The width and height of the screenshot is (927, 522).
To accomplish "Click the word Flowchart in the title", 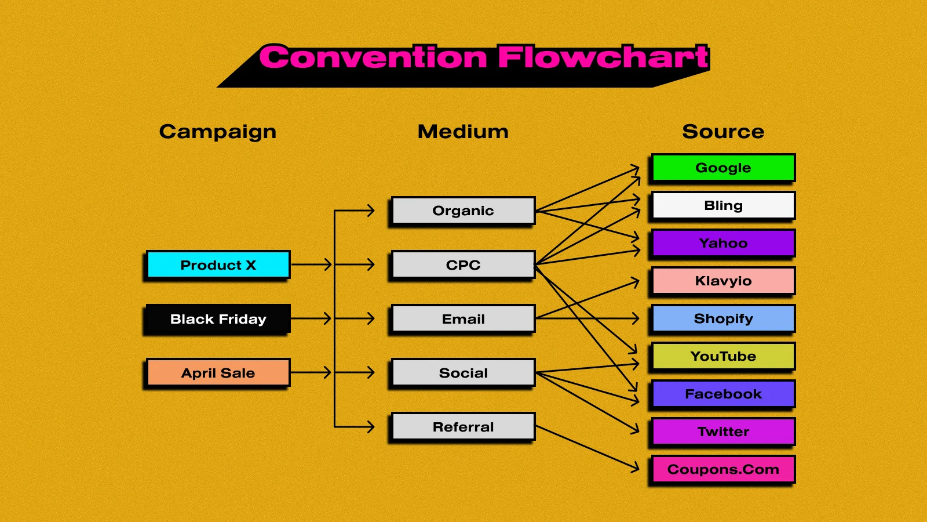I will pyautogui.click(x=603, y=57).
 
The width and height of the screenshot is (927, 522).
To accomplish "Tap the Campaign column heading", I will pyautogui.click(x=218, y=132).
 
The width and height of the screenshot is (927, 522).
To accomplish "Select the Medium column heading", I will pyautogui.click(x=463, y=132).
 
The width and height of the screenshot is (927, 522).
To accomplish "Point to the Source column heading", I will pyautogui.click(x=723, y=132).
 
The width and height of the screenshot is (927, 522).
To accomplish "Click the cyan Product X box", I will pyautogui.click(x=218, y=265).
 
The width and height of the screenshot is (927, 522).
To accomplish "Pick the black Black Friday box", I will pyautogui.click(x=218, y=319).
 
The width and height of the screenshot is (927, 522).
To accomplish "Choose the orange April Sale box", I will pyautogui.click(x=218, y=373).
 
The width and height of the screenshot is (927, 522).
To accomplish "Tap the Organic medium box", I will pyautogui.click(x=463, y=211).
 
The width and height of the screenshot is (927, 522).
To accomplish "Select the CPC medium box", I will pyautogui.click(x=463, y=265).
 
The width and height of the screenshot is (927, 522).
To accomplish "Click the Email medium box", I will pyautogui.click(x=463, y=319).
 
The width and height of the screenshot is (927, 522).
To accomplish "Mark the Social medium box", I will pyautogui.click(x=463, y=373).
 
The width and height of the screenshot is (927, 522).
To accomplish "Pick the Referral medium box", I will pyautogui.click(x=463, y=427).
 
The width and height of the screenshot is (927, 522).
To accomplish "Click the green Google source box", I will pyautogui.click(x=723, y=168).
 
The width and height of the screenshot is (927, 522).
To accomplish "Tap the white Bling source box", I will pyautogui.click(x=723, y=205).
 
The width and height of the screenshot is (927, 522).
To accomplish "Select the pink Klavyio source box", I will pyautogui.click(x=723, y=281).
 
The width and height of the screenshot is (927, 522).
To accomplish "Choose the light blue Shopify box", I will pyautogui.click(x=723, y=318).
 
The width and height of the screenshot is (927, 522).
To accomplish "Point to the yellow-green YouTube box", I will pyautogui.click(x=723, y=356).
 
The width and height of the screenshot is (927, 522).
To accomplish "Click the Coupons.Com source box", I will pyautogui.click(x=723, y=469).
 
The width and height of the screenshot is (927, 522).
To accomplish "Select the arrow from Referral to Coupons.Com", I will pyautogui.click(x=586, y=447).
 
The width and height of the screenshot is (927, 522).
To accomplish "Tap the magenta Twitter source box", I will pyautogui.click(x=723, y=432).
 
